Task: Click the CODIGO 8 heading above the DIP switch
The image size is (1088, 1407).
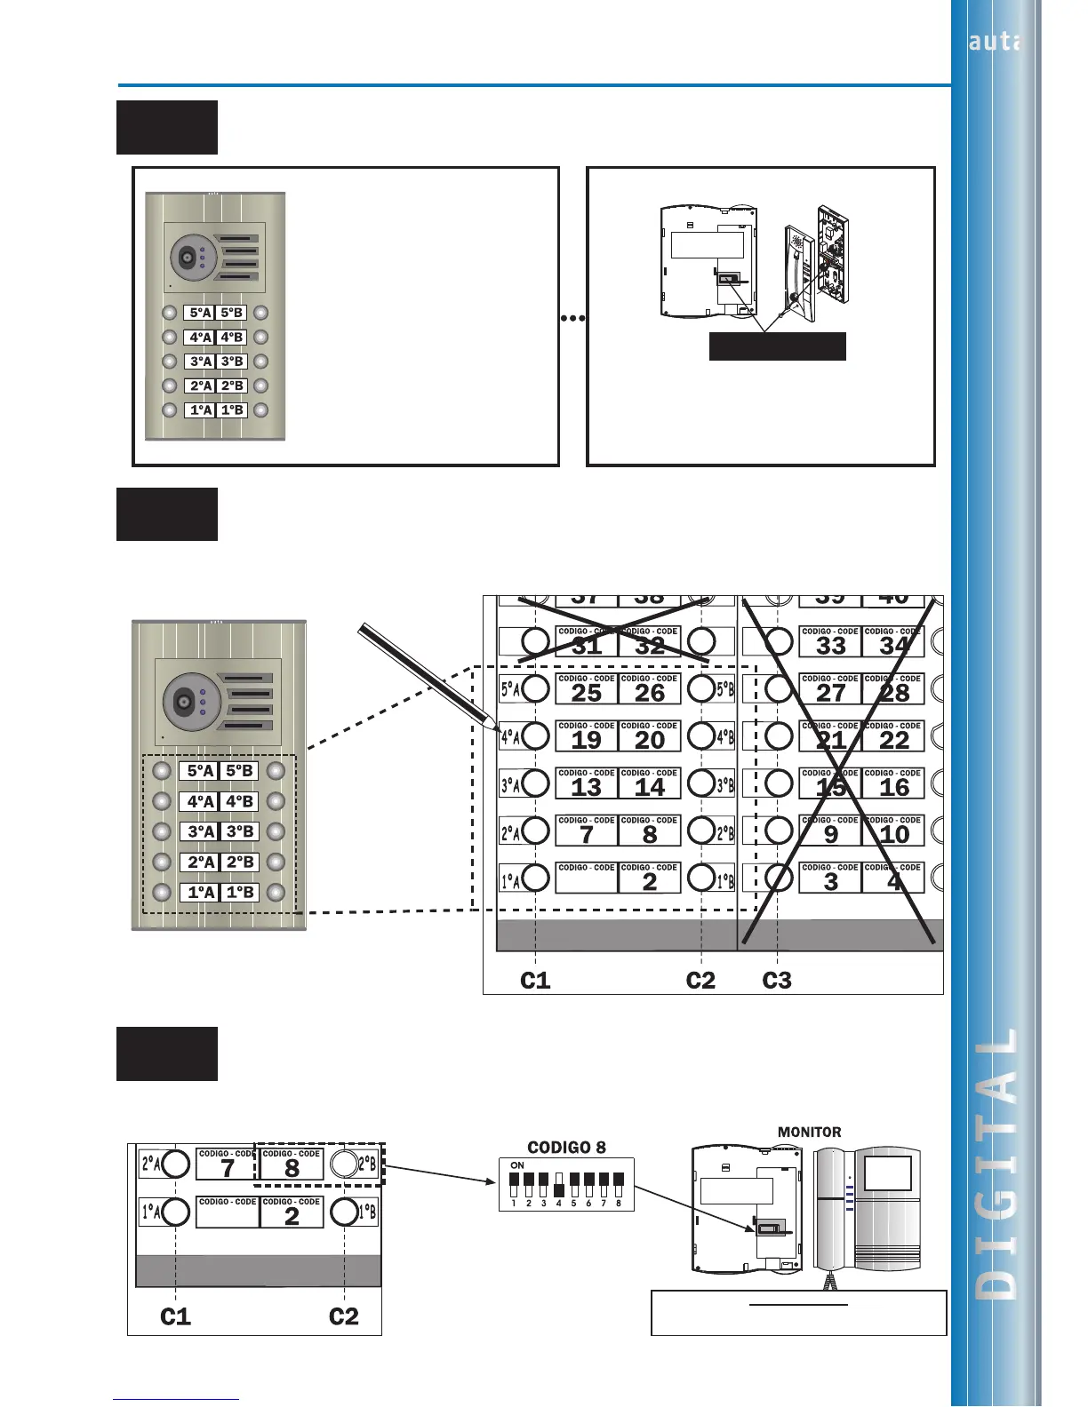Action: point(566,1147)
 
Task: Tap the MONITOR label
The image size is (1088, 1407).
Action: point(809,1132)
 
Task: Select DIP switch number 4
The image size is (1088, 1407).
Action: point(558,1187)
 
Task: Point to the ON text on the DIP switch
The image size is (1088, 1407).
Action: point(517,1165)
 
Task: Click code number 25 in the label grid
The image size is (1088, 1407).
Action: point(587,694)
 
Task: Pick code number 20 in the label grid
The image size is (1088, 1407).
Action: point(650,741)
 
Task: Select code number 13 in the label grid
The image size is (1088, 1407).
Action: point(587,788)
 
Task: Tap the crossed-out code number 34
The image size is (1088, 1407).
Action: point(894,647)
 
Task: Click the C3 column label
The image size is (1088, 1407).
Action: point(777,980)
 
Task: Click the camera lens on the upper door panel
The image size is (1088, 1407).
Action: point(186,258)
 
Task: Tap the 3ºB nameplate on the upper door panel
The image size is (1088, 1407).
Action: point(232,362)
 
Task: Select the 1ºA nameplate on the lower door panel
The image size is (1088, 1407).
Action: point(201,892)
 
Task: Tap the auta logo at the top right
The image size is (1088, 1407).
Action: point(995,41)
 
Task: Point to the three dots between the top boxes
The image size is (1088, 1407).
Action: point(573,317)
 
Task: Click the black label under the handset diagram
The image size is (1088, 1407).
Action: point(777,346)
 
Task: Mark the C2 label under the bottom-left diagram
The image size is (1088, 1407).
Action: point(344,1316)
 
